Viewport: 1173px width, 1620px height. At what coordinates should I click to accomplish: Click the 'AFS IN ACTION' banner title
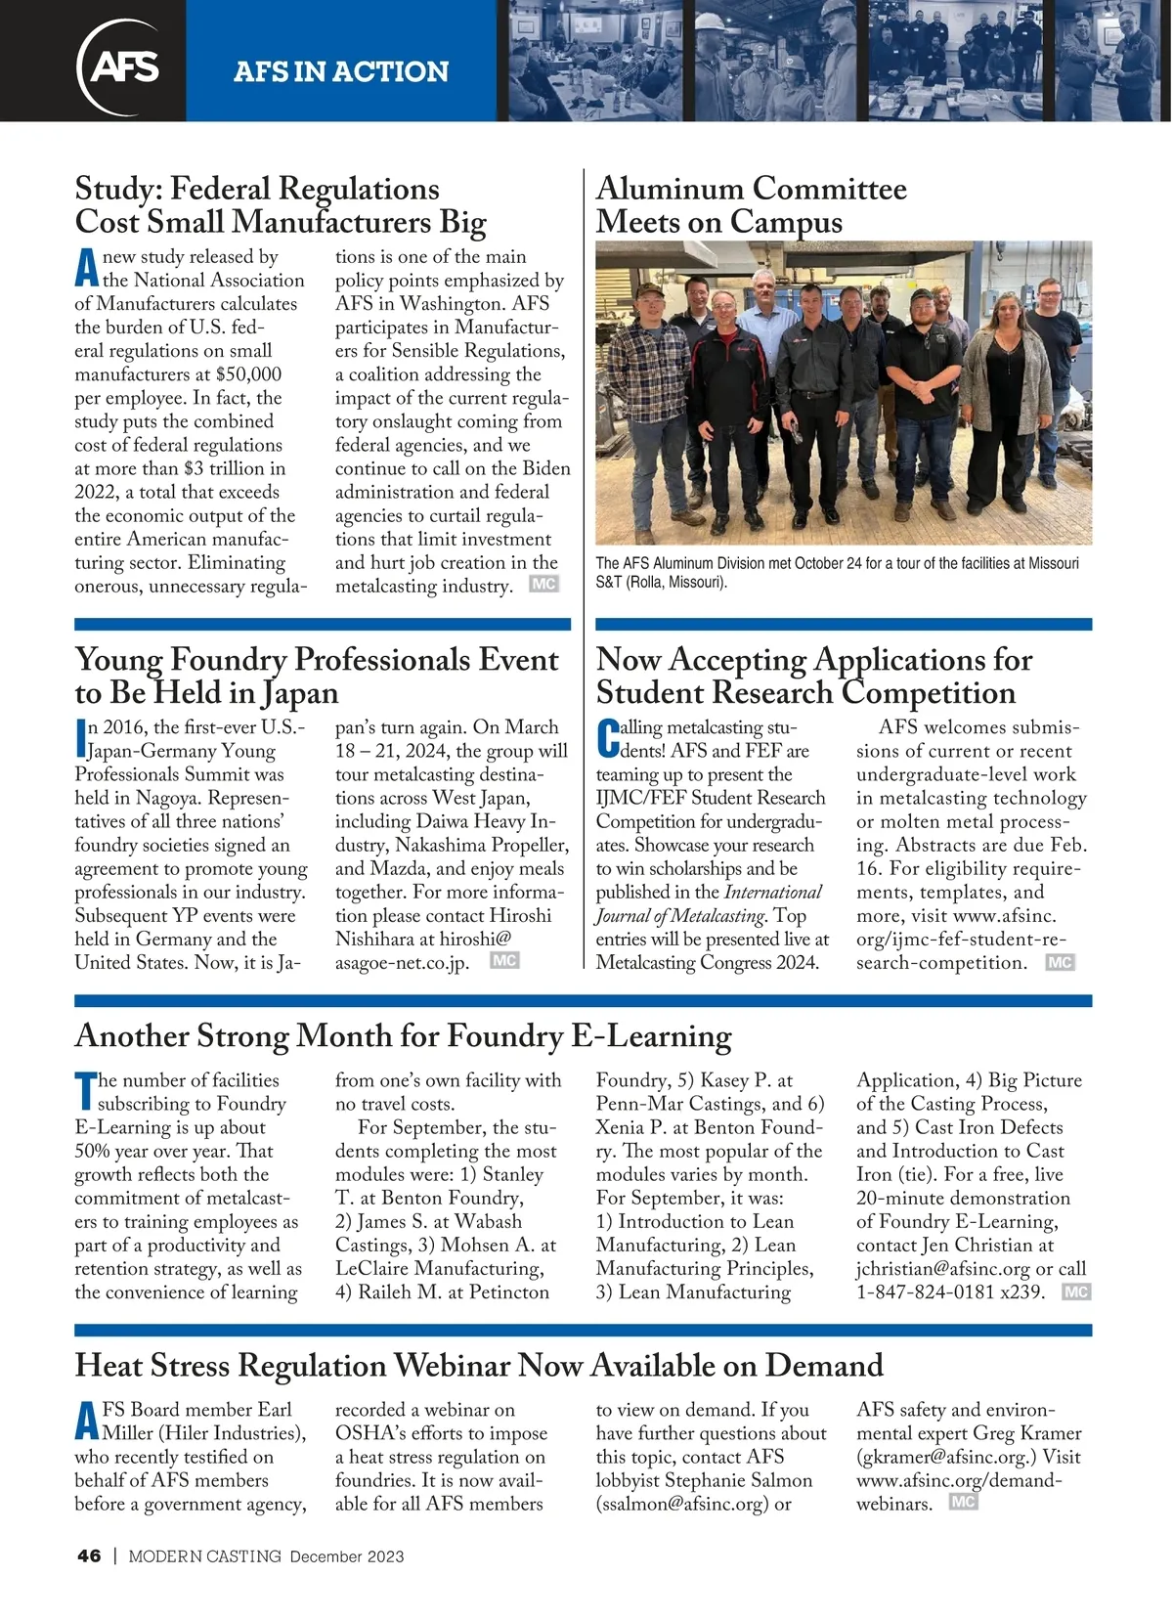[x=341, y=71]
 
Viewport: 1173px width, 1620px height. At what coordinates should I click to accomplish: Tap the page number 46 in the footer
[x=89, y=1556]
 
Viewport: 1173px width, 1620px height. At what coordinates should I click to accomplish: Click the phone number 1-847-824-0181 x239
[x=950, y=1292]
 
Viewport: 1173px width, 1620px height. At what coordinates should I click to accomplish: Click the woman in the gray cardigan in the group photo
[x=1008, y=391]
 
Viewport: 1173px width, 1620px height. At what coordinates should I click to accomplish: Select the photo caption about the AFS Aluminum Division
[x=837, y=573]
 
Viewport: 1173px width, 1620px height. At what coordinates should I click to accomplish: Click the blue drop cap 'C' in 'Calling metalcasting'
[x=607, y=740]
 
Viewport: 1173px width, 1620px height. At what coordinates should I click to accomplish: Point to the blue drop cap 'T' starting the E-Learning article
[x=85, y=1092]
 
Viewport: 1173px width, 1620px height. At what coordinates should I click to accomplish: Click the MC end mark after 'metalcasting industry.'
[x=543, y=585]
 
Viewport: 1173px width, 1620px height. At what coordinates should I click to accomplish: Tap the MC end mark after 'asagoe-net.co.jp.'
[x=504, y=961]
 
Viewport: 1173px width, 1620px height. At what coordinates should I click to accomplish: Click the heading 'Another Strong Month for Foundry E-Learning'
[x=403, y=1035]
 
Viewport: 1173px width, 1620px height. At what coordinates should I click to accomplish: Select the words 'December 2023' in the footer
[x=347, y=1556]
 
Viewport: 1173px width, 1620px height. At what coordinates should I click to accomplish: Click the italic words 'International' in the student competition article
[x=772, y=892]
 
